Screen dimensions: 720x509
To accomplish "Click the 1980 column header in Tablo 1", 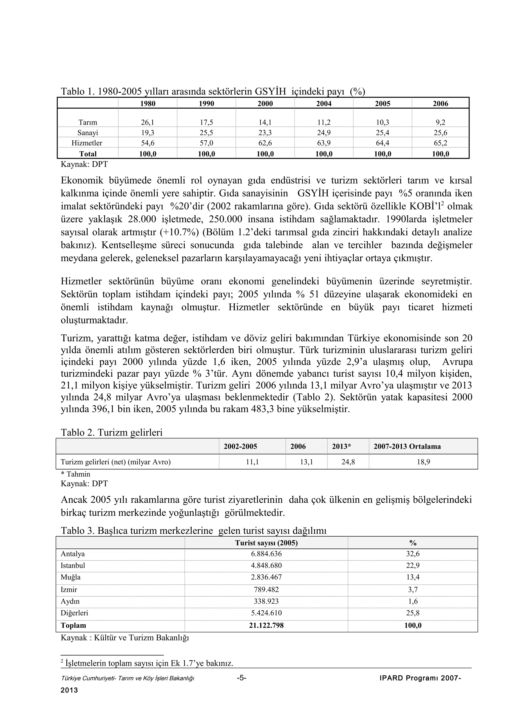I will pyautogui.click(x=147, y=104).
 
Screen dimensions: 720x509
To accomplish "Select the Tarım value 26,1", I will pyautogui.click(x=147, y=122).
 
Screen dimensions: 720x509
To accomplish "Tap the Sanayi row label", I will pyautogui.click(x=87, y=133).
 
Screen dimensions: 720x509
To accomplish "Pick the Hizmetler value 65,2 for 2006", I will pyautogui.click(x=440, y=143).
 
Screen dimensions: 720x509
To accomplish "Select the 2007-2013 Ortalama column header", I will pyautogui.click(x=407, y=446).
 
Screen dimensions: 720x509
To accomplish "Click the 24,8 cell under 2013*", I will pyautogui.click(x=348, y=462).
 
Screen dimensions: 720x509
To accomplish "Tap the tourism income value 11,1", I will pyautogui.click(x=253, y=462).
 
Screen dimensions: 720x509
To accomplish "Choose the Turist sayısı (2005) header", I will pyautogui.click(x=266, y=543).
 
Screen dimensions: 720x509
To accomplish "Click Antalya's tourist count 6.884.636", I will pyautogui.click(x=266, y=554).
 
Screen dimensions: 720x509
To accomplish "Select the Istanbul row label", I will pyautogui.click(x=73, y=565).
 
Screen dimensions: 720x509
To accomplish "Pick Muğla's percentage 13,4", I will pyautogui.click(x=413, y=577).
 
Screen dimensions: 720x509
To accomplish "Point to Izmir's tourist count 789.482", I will pyautogui.click(x=266, y=590).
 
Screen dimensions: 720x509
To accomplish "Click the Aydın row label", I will pyautogui.click(x=70, y=601).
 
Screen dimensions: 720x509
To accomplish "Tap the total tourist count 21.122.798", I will pyautogui.click(x=266, y=625).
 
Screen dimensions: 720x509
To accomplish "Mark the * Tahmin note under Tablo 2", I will pyautogui.click(x=75, y=474).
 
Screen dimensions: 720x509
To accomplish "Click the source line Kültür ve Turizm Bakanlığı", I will pyautogui.click(x=125, y=638).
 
